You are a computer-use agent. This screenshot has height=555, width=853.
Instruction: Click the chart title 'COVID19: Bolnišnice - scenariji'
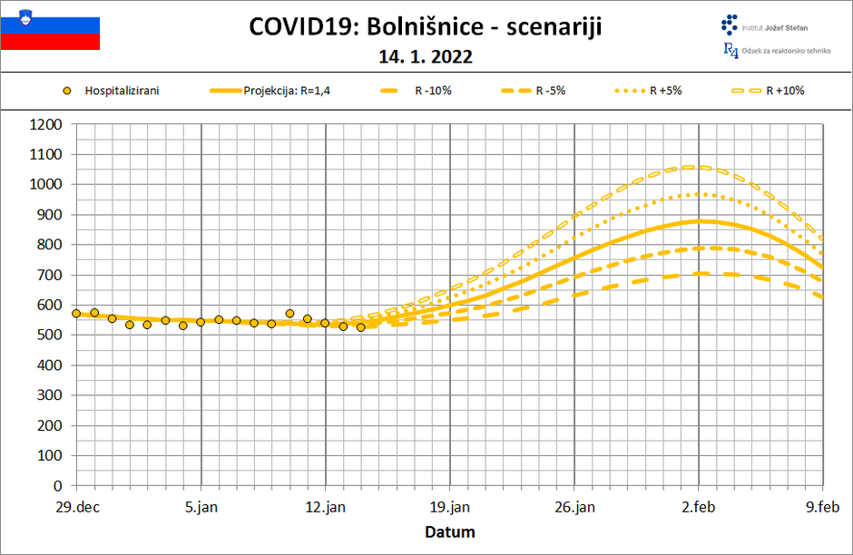(x=426, y=27)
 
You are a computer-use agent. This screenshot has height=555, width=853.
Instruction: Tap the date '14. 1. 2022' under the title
(x=426, y=56)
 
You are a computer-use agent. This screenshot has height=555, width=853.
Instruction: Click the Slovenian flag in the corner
(x=50, y=28)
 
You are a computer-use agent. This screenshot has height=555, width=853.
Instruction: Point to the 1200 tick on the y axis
(x=45, y=124)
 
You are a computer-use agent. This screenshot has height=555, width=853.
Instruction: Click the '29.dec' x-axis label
(x=76, y=507)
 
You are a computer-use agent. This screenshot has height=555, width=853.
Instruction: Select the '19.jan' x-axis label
(x=450, y=507)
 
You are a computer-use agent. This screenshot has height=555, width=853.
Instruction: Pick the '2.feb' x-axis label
(x=699, y=507)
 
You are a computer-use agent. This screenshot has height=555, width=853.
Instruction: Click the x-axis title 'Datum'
(x=450, y=531)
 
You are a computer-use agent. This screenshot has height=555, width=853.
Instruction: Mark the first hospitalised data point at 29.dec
(x=76, y=314)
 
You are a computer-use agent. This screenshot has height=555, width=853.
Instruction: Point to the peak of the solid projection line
(x=699, y=220)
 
